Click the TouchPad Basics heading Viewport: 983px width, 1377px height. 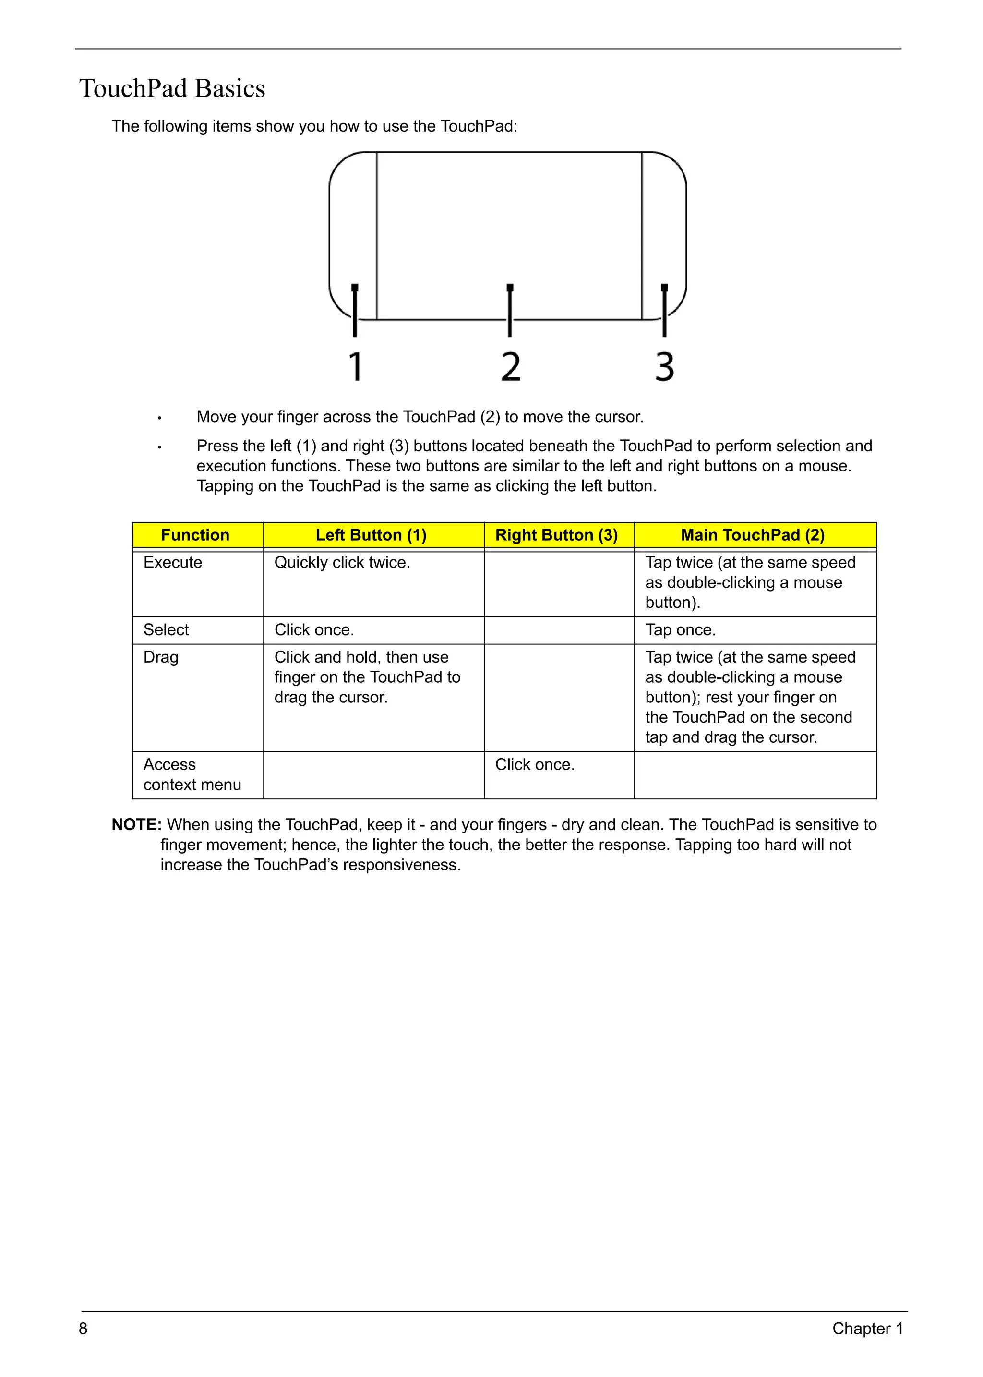[x=172, y=88]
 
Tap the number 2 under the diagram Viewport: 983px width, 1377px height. [x=510, y=366]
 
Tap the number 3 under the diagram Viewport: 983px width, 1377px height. [x=665, y=366]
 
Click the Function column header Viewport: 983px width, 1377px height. [x=195, y=535]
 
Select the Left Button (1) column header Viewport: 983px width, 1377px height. [x=371, y=535]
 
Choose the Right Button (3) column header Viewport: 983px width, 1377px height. [x=556, y=535]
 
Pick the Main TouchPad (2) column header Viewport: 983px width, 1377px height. [x=753, y=535]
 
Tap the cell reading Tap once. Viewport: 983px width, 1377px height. [x=680, y=630]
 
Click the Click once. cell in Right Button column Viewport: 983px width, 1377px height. [x=535, y=764]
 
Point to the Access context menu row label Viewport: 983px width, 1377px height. [x=192, y=774]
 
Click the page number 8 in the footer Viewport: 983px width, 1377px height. [x=83, y=1329]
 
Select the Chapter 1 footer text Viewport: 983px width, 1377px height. [x=867, y=1329]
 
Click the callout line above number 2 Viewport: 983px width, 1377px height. [x=510, y=311]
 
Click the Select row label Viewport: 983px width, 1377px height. [x=166, y=630]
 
